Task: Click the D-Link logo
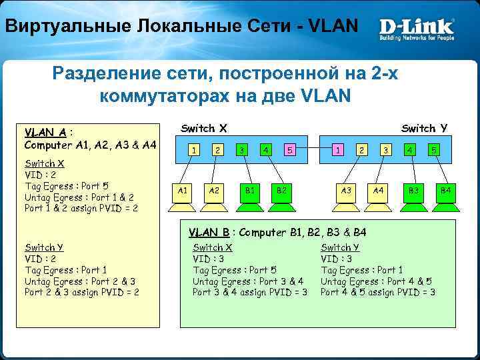pos(417,28)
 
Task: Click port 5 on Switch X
pos(290,150)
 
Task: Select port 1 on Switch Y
pos(339,150)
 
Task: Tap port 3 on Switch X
pos(242,150)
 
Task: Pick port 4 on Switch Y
pos(410,150)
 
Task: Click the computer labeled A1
pos(182,191)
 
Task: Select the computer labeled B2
pos(281,191)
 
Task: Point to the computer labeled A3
pos(346,191)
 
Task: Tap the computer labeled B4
pos(445,191)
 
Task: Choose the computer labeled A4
pos(379,191)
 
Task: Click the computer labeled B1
pos(249,191)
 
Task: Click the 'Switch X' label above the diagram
pos(204,128)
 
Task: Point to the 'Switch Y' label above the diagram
pos(424,128)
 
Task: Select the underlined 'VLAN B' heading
pos(209,233)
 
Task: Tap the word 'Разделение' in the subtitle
pos(107,73)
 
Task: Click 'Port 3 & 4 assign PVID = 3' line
pos(250,292)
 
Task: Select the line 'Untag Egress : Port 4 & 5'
pos(376,281)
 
